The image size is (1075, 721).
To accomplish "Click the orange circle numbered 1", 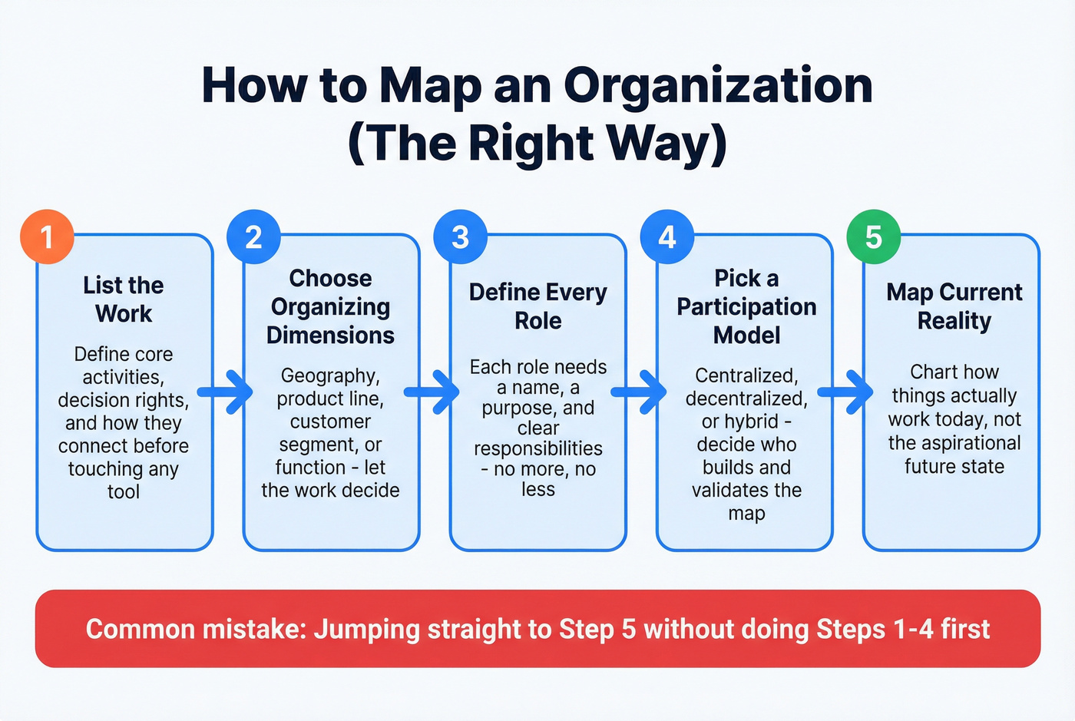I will (x=47, y=236).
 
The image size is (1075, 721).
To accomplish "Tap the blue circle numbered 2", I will (x=253, y=236).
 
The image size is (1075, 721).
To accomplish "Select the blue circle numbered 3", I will (x=460, y=236).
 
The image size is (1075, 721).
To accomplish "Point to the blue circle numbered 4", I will (x=667, y=236).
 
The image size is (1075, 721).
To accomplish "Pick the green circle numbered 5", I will (x=873, y=236).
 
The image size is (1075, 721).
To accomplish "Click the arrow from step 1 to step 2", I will (x=227, y=392).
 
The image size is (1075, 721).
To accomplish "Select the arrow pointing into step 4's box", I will (x=640, y=392).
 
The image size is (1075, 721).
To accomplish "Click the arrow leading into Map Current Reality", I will (x=847, y=392).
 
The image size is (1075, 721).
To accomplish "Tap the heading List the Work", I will (x=124, y=299).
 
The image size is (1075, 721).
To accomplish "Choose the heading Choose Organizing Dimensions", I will (x=330, y=306).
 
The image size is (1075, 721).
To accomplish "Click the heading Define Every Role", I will (x=537, y=306).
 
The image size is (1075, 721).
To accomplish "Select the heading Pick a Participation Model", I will (x=746, y=306).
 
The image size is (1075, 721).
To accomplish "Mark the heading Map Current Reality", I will (x=954, y=306).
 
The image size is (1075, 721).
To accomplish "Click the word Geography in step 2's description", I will (x=329, y=375).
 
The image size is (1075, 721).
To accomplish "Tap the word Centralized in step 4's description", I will (x=746, y=375).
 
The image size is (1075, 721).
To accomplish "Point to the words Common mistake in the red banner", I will (x=196, y=630).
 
